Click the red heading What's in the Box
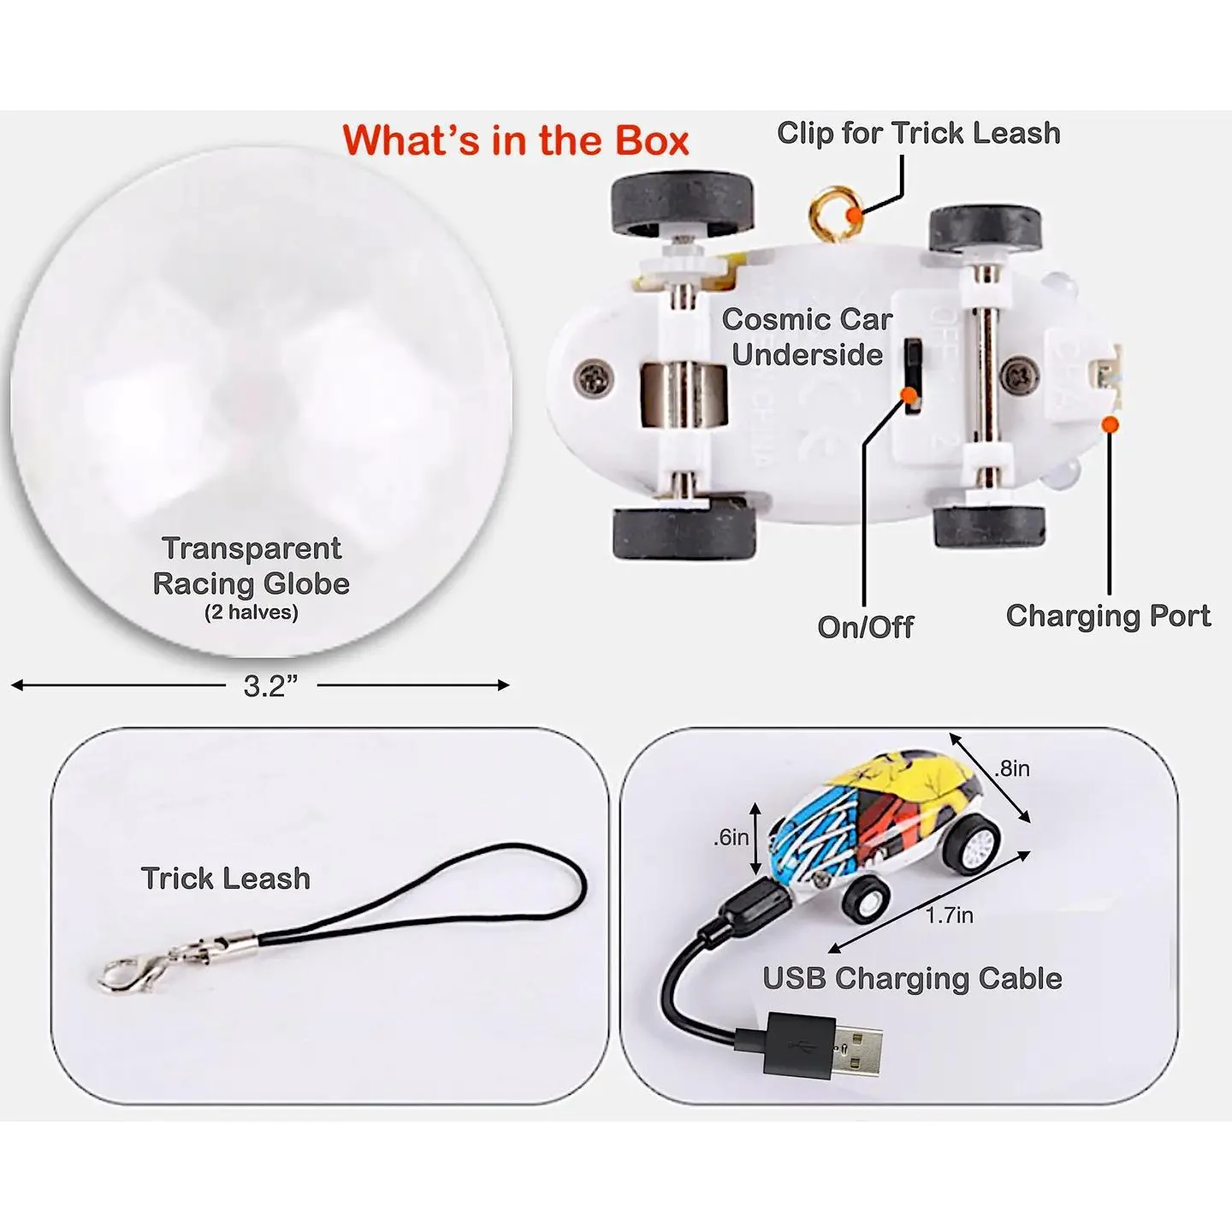pyautogui.click(x=516, y=140)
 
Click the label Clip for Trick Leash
pyautogui.click(x=919, y=133)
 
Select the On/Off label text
pyautogui.click(x=866, y=626)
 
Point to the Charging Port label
pyautogui.click(x=1108, y=616)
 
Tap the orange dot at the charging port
pyautogui.click(x=1111, y=423)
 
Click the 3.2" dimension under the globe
pyautogui.click(x=271, y=686)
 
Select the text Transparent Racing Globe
pyautogui.click(x=252, y=566)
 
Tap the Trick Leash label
pyautogui.click(x=226, y=879)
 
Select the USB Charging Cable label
pyautogui.click(x=912, y=979)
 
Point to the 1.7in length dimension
pyautogui.click(x=950, y=915)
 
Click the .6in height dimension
pyautogui.click(x=731, y=837)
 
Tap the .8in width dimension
pyautogui.click(x=1013, y=768)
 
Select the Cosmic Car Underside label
pyautogui.click(x=807, y=337)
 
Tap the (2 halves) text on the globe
pyautogui.click(x=252, y=612)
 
